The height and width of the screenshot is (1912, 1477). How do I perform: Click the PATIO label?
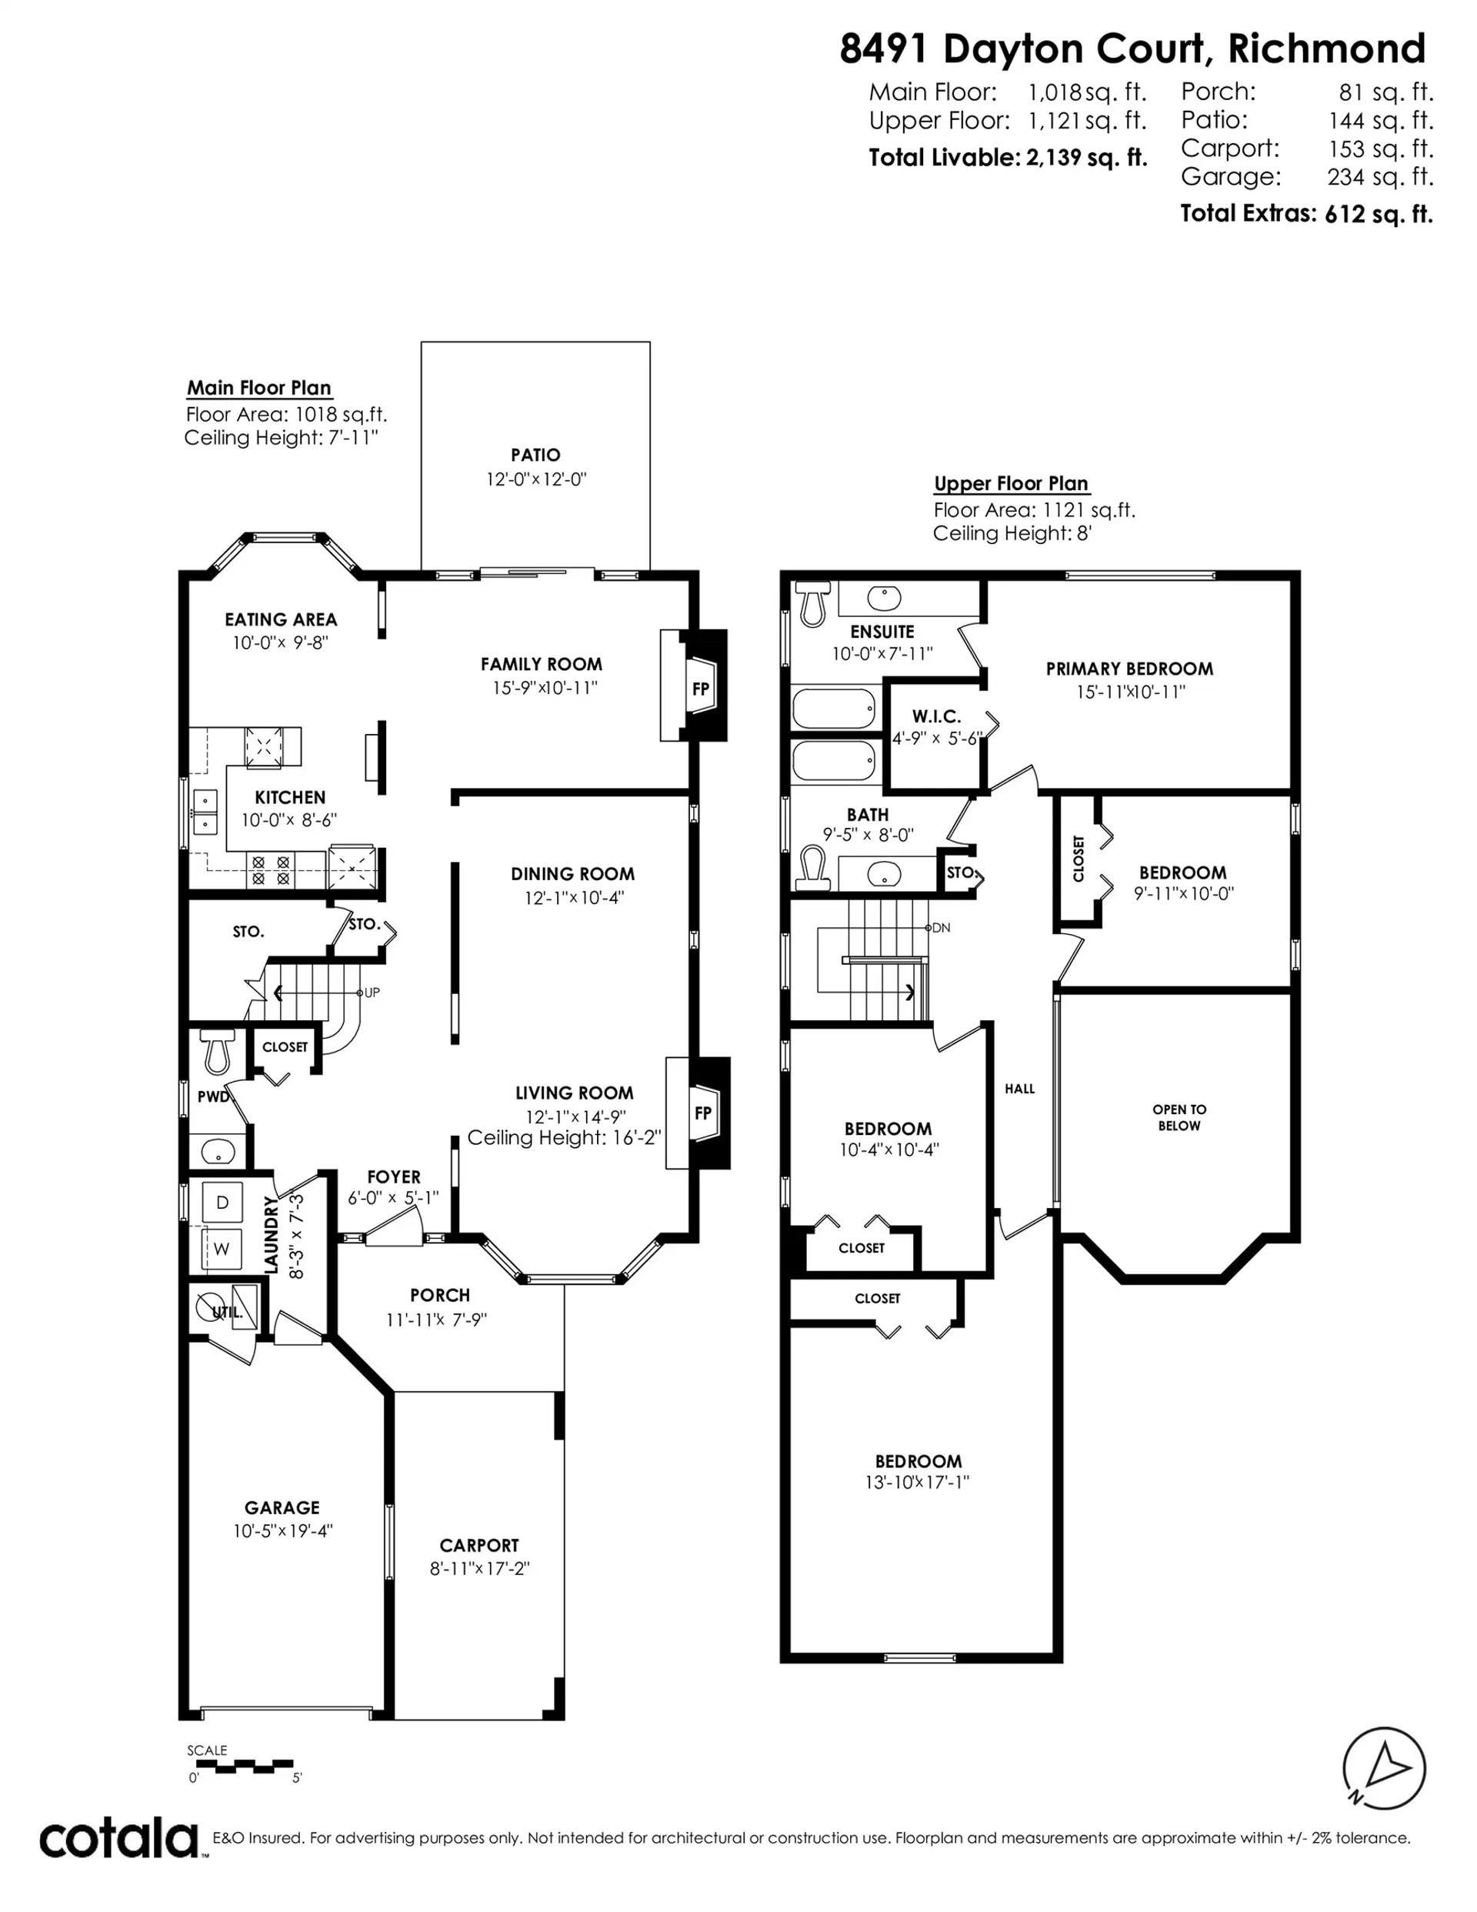click(x=535, y=455)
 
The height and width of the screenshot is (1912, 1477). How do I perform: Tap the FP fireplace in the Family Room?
click(x=700, y=689)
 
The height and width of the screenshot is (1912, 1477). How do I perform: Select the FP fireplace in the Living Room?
click(x=702, y=1113)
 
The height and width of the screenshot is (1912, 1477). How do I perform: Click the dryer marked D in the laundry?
click(x=222, y=1202)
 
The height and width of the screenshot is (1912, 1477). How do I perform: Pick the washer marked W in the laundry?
click(x=222, y=1249)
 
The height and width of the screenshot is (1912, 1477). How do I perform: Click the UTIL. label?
click(x=227, y=1311)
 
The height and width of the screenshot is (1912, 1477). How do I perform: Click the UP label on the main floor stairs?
click(x=372, y=993)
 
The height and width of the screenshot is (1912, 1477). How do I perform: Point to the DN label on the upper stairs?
click(x=941, y=927)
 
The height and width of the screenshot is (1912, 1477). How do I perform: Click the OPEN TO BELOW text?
click(x=1179, y=1117)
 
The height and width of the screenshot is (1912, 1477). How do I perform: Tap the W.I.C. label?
click(x=936, y=716)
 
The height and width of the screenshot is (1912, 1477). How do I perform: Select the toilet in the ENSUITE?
click(x=813, y=604)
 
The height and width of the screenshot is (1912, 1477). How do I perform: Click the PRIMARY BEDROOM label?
click(x=1129, y=669)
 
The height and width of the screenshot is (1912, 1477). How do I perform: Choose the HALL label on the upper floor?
click(x=1019, y=1088)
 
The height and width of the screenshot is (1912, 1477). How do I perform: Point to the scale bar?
click(x=241, y=1766)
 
